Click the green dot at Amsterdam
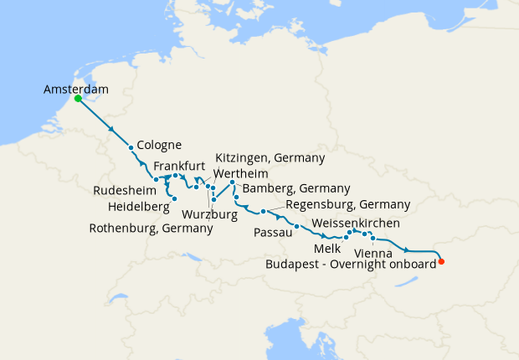click(x=78, y=98)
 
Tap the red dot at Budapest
click(x=441, y=262)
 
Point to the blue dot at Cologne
click(x=131, y=148)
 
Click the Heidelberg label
click(x=139, y=206)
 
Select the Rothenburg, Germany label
click(x=151, y=228)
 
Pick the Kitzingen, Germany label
click(x=270, y=157)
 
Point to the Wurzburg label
click(x=209, y=214)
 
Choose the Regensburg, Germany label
click(x=347, y=204)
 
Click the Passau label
click(x=273, y=232)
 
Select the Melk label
click(x=326, y=249)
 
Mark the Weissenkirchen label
click(x=356, y=224)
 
